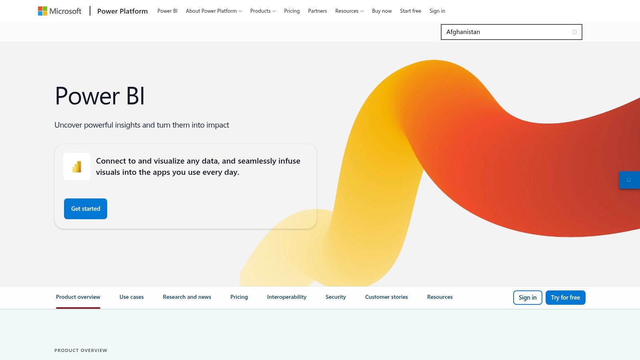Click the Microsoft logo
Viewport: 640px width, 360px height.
(60, 11)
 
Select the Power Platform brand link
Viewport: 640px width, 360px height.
(122, 11)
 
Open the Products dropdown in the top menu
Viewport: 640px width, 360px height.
(263, 11)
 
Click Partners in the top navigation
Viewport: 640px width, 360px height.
(317, 11)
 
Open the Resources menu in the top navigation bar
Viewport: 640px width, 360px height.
(349, 11)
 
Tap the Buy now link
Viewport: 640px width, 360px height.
(382, 11)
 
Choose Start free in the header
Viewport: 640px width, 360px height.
(410, 11)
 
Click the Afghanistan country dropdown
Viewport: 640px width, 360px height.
(511, 32)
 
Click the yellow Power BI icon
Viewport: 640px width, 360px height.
(77, 166)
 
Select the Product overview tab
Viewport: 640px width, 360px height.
(78, 297)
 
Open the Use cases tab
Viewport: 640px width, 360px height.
(132, 297)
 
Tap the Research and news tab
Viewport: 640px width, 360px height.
(187, 297)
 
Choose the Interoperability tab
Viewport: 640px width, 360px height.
(286, 297)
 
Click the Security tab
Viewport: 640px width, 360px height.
(336, 297)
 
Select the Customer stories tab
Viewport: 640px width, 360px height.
(386, 297)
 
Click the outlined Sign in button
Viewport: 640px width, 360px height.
(528, 298)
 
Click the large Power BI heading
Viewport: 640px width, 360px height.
(100, 96)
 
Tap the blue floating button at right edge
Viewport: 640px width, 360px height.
(629, 180)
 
